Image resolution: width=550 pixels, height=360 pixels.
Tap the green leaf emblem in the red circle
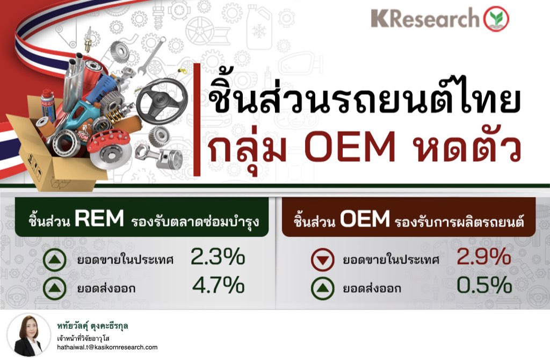coord(496,19)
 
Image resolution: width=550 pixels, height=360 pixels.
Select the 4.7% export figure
coord(218,285)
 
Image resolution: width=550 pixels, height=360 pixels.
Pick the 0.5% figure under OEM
coord(484,285)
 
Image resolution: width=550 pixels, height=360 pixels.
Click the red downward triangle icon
coord(323,260)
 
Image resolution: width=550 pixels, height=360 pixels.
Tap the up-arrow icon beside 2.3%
coord(55,260)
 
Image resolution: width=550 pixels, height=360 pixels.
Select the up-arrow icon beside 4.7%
coord(55,288)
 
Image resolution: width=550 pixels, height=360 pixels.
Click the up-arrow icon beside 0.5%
coord(323,288)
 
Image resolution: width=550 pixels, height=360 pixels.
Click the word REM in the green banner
coord(99,219)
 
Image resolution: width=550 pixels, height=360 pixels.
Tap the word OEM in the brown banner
coord(365,219)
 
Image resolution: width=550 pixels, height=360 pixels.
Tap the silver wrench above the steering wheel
coord(151,56)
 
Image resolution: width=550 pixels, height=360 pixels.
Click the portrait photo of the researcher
coord(28,335)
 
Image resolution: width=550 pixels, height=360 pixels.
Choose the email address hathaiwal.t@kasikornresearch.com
coord(107,347)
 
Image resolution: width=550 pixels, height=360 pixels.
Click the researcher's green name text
coord(92,326)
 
